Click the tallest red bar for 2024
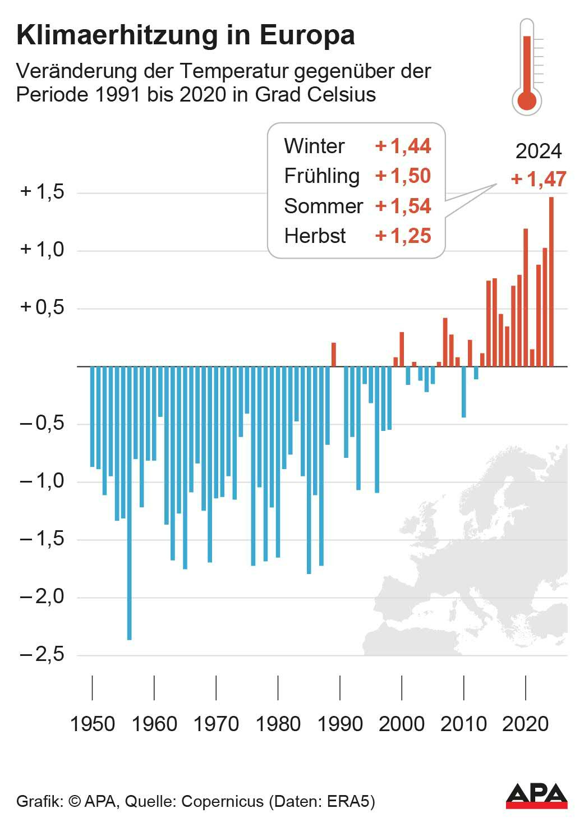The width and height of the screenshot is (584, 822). tap(551, 281)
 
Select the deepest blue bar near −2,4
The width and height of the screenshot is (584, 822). tap(129, 505)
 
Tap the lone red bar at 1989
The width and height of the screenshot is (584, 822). tap(334, 355)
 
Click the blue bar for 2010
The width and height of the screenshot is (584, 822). tap(464, 392)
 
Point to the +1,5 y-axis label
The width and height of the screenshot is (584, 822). tap(42, 192)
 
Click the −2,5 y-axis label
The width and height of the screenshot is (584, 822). tap(42, 654)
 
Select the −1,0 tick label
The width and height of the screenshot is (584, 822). tap(42, 481)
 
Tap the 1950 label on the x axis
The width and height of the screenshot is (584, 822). tap(93, 724)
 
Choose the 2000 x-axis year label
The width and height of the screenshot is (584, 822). tap(402, 724)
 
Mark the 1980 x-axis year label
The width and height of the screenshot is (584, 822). tap(278, 724)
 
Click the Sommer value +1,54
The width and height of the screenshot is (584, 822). tap(403, 206)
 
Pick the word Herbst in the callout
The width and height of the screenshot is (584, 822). tap(315, 236)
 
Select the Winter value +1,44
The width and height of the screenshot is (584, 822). tap(403, 146)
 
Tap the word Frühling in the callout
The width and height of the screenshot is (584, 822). tap(321, 176)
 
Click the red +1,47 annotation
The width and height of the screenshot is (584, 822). tap(539, 179)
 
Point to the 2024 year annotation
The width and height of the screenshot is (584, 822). tap(539, 151)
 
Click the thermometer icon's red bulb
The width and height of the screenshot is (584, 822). tap(527, 101)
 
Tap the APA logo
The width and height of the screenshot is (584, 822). tap(536, 796)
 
